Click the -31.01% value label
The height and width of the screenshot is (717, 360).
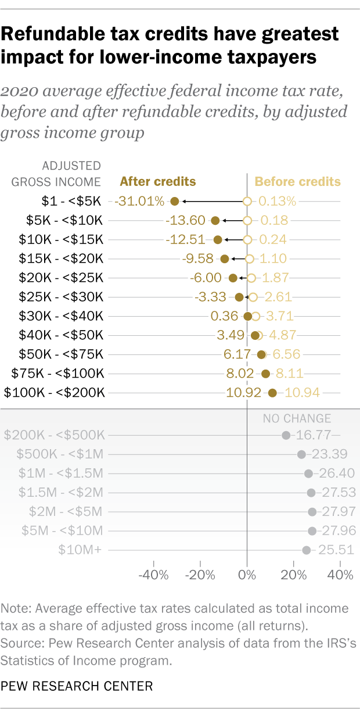click(x=139, y=202)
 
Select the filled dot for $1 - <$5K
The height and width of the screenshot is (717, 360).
click(x=175, y=202)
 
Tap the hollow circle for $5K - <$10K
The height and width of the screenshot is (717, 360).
click(x=247, y=221)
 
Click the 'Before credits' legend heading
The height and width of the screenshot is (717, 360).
click(x=298, y=181)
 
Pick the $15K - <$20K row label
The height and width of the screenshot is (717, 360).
click(x=60, y=259)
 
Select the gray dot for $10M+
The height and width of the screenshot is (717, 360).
click(x=307, y=550)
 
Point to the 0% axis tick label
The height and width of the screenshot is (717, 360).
click(x=247, y=576)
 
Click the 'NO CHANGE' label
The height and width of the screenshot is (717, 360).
click(x=297, y=418)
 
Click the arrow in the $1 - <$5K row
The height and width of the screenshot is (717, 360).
click(x=211, y=202)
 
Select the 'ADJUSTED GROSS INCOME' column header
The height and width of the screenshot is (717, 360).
click(x=56, y=174)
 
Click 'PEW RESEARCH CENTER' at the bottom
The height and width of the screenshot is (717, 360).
click(x=77, y=686)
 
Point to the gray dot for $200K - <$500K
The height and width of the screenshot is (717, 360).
click(x=286, y=435)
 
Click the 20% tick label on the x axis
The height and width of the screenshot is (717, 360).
click(x=294, y=576)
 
